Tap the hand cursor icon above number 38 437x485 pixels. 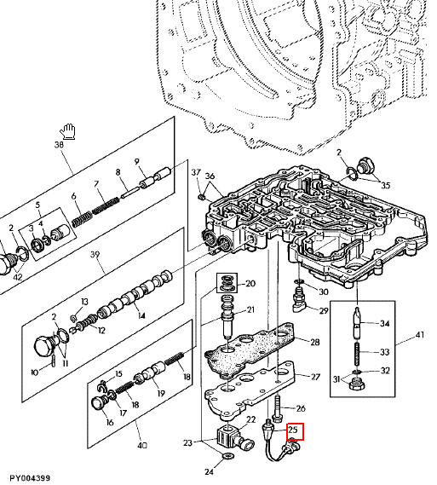(68, 132)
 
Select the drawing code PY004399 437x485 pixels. (30, 478)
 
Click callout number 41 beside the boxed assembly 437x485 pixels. (420, 335)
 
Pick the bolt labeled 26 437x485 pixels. (277, 408)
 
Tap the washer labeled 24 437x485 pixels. (228, 455)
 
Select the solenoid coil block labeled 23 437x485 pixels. (227, 436)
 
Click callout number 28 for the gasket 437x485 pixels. (314, 342)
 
